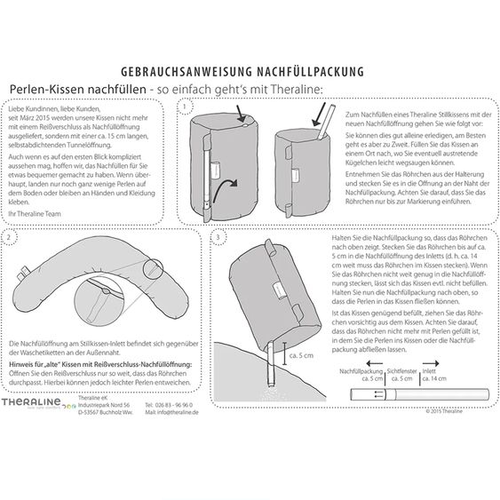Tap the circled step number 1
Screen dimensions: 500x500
click(x=185, y=107)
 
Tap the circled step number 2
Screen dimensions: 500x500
click(x=7, y=237)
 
